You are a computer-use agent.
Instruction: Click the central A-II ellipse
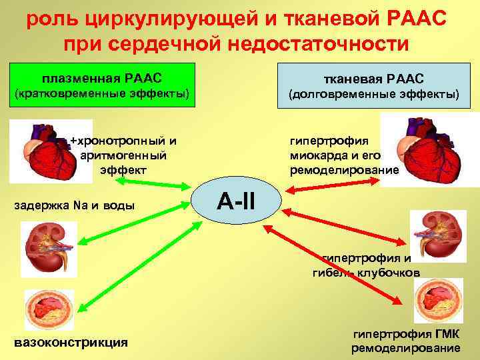240,199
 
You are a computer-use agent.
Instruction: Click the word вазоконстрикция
71,343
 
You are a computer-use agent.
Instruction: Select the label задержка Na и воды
74,205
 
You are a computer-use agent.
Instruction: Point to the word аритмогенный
123,155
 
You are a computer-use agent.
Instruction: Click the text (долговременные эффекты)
373,95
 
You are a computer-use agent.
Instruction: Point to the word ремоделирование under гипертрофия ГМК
405,349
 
